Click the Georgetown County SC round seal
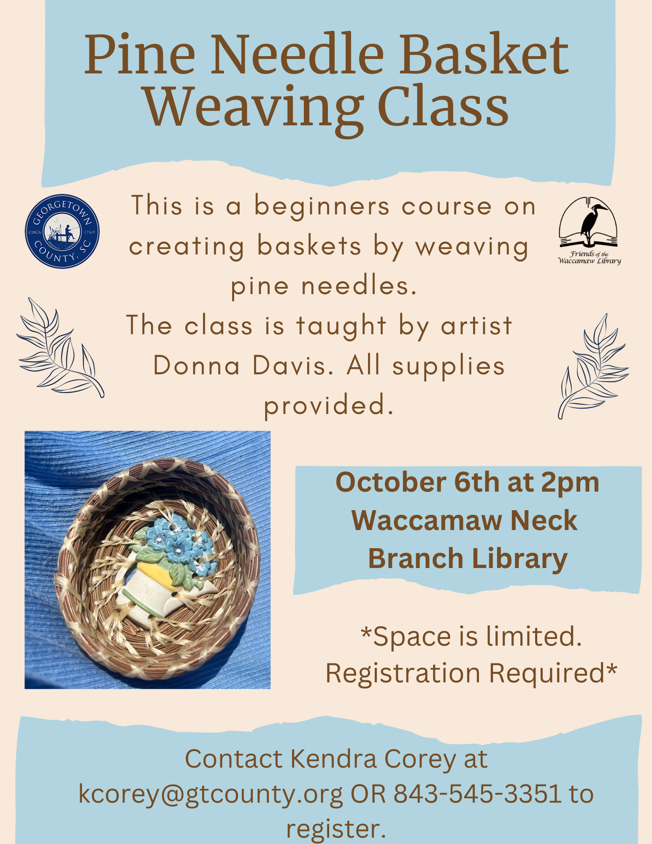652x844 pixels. [62, 231]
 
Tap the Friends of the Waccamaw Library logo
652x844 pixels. [589, 231]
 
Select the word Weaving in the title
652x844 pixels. [253, 108]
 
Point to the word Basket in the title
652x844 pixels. [484, 55]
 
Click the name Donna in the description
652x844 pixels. [197, 366]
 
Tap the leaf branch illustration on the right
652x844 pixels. [593, 366]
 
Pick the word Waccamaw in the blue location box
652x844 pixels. [427, 520]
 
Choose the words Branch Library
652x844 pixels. [468, 559]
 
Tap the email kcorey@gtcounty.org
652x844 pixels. [211, 795]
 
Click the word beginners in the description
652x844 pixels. [322, 208]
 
